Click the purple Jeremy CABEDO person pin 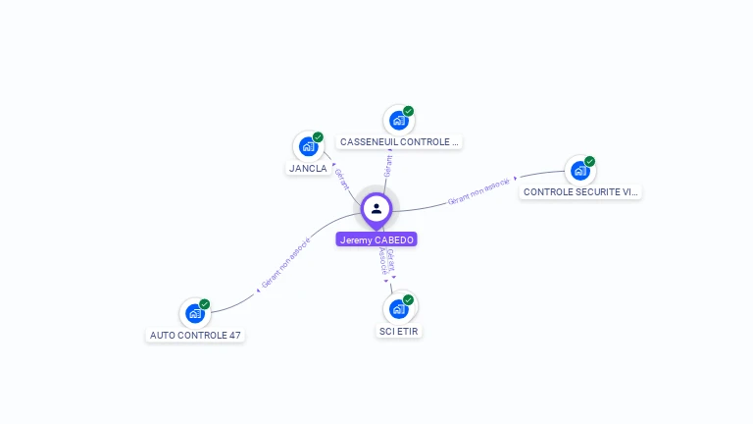[x=376, y=209]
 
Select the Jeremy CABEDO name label [x=376, y=239]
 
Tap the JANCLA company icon [x=309, y=147]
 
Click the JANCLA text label [x=308, y=169]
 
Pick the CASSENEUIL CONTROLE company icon [x=398, y=121]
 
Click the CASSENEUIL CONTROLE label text [x=398, y=142]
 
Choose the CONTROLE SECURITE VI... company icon [x=580, y=171]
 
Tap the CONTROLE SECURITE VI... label [x=580, y=192]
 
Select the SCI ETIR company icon [x=399, y=309]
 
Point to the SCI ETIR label [x=399, y=332]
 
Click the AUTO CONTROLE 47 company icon [x=195, y=314]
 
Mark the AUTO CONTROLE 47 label [x=195, y=336]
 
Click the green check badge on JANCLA [x=318, y=137]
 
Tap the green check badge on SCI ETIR [x=408, y=299]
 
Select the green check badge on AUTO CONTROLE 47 [x=204, y=304]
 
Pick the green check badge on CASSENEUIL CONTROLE [x=408, y=111]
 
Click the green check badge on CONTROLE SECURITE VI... [x=589, y=161]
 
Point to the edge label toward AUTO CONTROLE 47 [x=285, y=263]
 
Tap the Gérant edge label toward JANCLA [x=342, y=179]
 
